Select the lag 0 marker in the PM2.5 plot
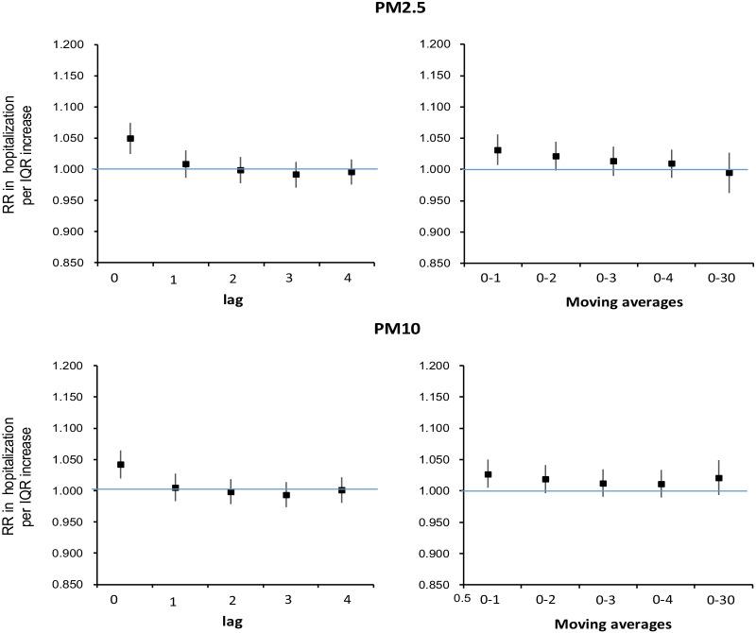(x=130, y=138)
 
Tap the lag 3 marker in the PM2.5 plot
(x=296, y=174)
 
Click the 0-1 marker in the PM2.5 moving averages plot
(x=498, y=150)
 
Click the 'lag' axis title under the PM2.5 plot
(x=228, y=300)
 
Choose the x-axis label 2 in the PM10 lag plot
(x=231, y=602)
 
